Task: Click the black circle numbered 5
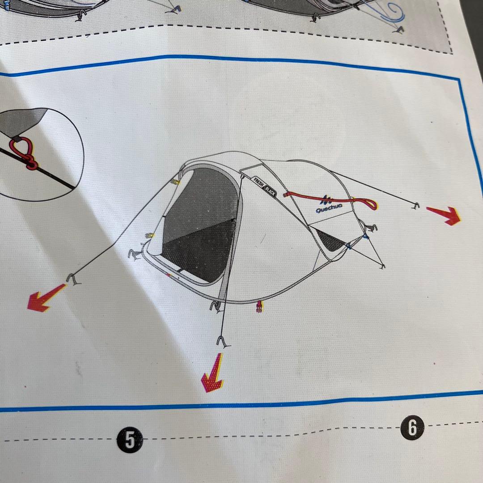point(130,440)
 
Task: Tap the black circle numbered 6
point(412,428)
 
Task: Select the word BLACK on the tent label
point(270,192)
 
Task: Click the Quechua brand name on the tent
point(329,208)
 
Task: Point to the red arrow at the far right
point(444,215)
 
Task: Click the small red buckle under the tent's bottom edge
point(259,306)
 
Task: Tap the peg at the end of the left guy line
point(73,279)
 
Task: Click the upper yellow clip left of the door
point(176,182)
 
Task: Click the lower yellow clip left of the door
point(150,236)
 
